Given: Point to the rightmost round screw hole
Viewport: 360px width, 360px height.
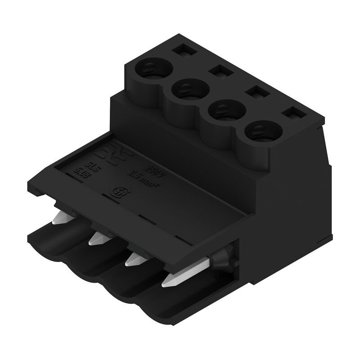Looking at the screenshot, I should coord(260,131).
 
